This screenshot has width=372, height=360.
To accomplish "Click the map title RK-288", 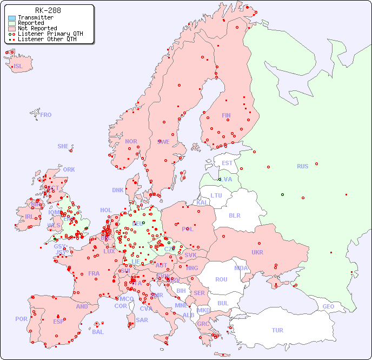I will (48, 10).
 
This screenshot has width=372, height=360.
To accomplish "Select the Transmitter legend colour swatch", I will (11, 17).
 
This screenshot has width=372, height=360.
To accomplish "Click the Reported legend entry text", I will (31, 23).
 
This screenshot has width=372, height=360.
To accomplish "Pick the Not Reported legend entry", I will (37, 28).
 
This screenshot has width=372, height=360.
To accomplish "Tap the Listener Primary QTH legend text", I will (50, 34).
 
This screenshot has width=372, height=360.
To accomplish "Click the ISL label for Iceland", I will (18, 67).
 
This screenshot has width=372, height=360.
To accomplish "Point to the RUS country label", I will (302, 166).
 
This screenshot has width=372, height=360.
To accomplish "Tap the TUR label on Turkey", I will (277, 330).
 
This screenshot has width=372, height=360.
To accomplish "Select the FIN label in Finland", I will (226, 115).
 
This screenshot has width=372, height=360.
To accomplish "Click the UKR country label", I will (257, 252).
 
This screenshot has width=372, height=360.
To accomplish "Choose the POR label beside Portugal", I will (21, 319).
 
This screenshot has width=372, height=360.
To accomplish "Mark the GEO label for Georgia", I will (328, 306).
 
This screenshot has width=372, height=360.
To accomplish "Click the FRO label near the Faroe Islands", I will (46, 115).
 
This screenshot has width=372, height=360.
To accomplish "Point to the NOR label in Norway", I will (131, 141).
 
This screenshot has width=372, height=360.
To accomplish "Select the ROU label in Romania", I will (221, 279).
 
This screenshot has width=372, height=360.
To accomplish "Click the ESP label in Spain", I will (58, 321).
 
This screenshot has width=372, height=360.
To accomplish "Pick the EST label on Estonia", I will (227, 163).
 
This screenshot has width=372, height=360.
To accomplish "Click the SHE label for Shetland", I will (63, 146).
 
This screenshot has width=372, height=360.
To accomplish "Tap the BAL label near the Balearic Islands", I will (98, 332).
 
